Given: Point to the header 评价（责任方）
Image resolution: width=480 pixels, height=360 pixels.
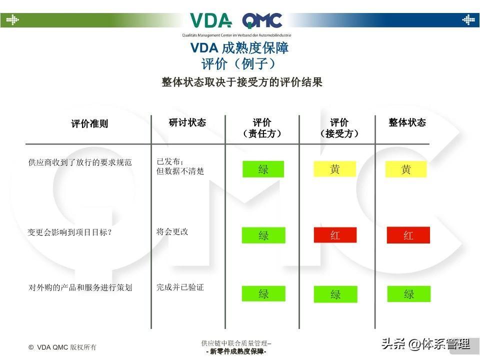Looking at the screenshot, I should (x=262, y=128).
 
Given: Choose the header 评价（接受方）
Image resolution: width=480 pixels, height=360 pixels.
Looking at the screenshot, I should (x=339, y=128).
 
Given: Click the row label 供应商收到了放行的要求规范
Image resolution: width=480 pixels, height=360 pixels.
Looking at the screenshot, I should (x=80, y=162).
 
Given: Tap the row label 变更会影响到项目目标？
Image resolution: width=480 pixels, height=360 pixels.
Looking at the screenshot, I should (x=69, y=232).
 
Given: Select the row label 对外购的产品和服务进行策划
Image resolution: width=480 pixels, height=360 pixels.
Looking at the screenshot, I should (x=80, y=287).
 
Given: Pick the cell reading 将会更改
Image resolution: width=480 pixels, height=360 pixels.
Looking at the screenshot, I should (x=172, y=232).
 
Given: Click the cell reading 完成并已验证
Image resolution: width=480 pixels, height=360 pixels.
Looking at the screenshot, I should (x=180, y=287).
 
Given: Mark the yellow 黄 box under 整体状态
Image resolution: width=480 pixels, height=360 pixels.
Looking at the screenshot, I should (x=406, y=169).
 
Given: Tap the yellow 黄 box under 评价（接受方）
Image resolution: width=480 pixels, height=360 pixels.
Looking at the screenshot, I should (x=334, y=169).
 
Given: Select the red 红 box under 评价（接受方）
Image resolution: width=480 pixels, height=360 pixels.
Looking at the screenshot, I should (x=335, y=235).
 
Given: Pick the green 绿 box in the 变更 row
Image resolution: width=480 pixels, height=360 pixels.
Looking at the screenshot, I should (x=263, y=235).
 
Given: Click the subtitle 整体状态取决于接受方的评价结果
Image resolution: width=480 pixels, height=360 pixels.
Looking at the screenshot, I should (x=242, y=82).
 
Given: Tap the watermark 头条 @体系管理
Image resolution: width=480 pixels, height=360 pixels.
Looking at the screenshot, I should (x=425, y=344).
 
